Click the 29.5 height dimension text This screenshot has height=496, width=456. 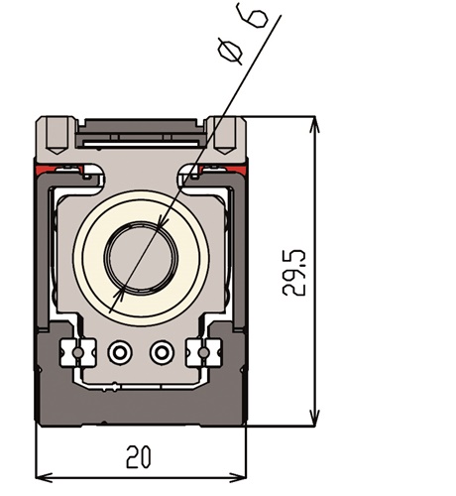tap(294, 273)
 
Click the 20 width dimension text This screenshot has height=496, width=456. tap(139, 457)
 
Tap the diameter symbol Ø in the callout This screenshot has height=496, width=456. tap(230, 53)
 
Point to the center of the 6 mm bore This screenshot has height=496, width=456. tap(141, 258)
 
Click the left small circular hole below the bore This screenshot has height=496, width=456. tap(120, 352)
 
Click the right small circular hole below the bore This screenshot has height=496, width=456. tap(162, 352)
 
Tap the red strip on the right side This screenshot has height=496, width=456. tap(224, 170)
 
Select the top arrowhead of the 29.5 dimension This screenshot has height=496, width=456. tap(315, 125)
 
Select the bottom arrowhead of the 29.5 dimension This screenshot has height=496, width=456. tap(315, 418)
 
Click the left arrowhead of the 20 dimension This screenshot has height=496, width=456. tap(44, 478)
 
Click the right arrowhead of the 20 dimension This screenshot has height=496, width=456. tap(238, 478)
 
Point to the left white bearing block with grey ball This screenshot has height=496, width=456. tap(77, 353)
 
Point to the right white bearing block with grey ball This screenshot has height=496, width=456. tap(203, 353)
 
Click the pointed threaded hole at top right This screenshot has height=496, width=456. tap(226, 135)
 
